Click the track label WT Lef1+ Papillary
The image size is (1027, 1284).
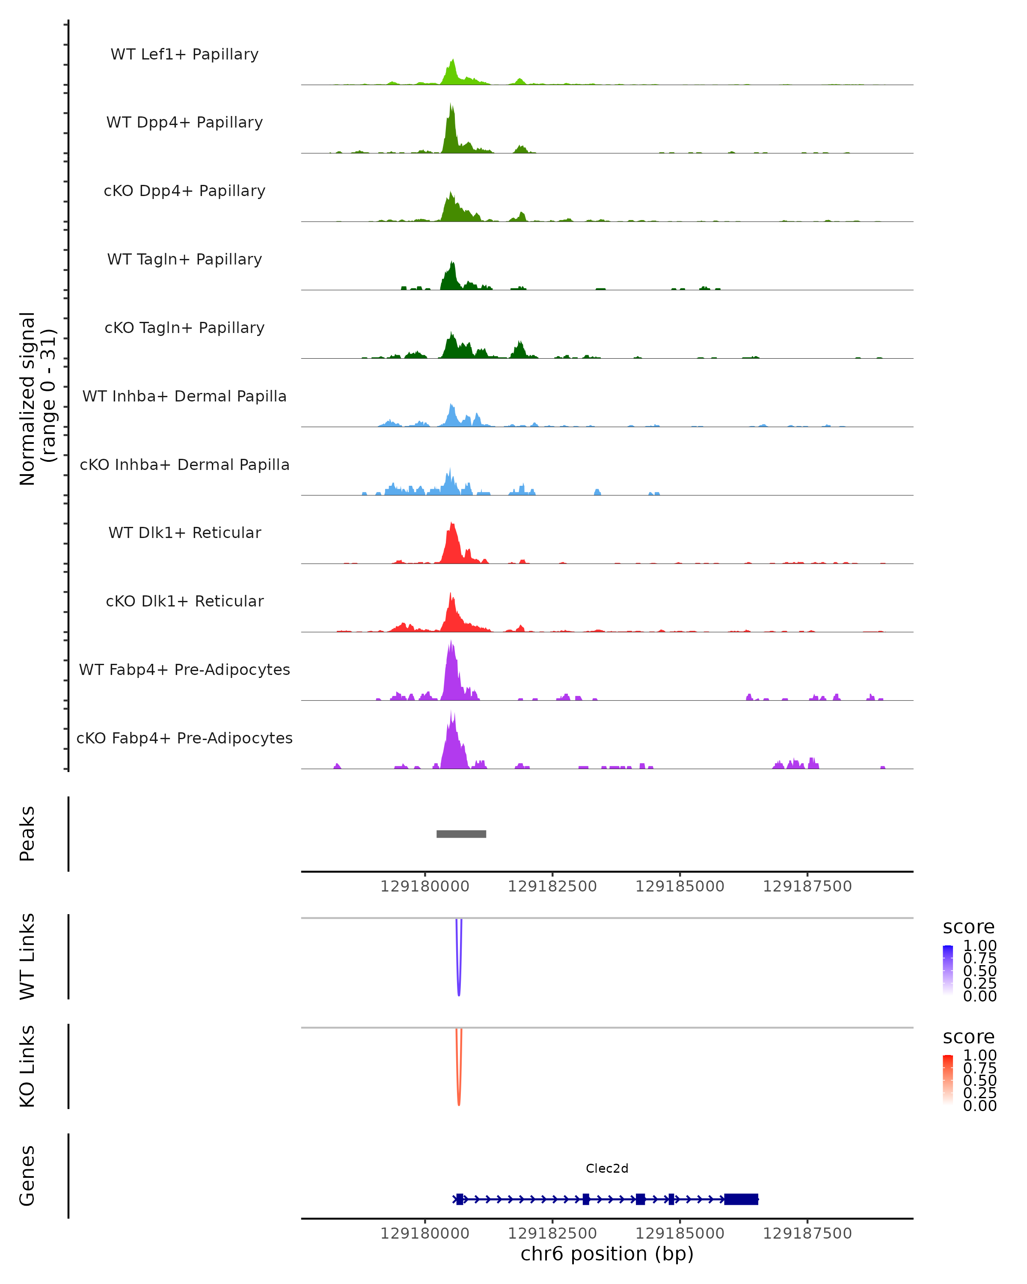[184, 54]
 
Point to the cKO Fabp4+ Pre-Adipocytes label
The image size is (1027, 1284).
[184, 738]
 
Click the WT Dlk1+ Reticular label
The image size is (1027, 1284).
[184, 533]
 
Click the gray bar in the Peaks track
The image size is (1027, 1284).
[461, 834]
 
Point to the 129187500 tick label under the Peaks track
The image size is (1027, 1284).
[807, 886]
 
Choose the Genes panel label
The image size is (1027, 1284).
[27, 1176]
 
